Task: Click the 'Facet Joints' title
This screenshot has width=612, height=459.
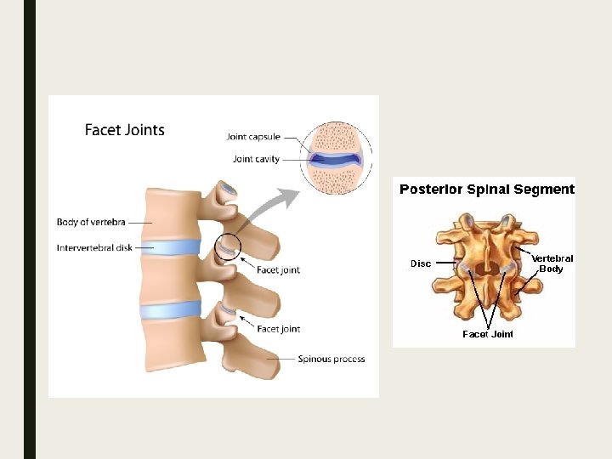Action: pyautogui.click(x=125, y=130)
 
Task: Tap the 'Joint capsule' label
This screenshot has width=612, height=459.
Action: pyautogui.click(x=254, y=136)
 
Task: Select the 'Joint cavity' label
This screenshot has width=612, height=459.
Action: pyautogui.click(x=256, y=159)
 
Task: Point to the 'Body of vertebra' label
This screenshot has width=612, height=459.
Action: pyautogui.click(x=91, y=223)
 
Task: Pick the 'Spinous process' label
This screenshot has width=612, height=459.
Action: pyautogui.click(x=331, y=359)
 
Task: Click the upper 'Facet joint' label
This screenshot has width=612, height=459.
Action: pyautogui.click(x=278, y=270)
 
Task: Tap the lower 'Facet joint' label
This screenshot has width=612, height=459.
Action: pyautogui.click(x=278, y=329)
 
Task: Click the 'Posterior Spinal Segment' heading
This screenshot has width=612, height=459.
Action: pyautogui.click(x=487, y=190)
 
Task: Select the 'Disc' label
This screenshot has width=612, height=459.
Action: pyautogui.click(x=421, y=263)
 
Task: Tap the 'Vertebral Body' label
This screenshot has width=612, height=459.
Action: pyautogui.click(x=552, y=263)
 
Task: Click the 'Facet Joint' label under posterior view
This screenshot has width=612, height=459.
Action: pyautogui.click(x=488, y=334)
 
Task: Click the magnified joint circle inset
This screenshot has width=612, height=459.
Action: pyautogui.click(x=337, y=159)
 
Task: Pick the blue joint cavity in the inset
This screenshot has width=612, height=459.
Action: pyautogui.click(x=337, y=158)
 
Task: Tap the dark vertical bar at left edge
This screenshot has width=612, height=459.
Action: pyautogui.click(x=30, y=229)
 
